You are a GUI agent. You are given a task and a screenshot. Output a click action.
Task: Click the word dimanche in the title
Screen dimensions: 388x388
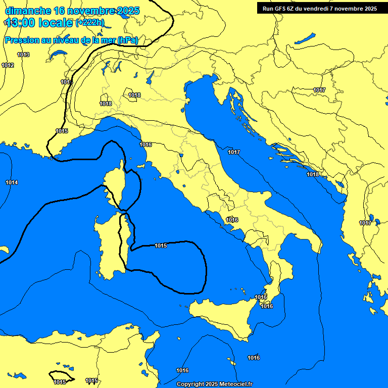coord(28,11)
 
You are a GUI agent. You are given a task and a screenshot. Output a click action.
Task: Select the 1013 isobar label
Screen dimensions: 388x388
coord(23,55)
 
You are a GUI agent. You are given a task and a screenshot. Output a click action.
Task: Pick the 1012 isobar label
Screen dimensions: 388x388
coord(8,65)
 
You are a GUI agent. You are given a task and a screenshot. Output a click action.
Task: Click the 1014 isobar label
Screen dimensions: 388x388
coord(12,182)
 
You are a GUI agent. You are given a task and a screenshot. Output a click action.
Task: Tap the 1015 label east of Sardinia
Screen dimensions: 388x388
coord(161,246)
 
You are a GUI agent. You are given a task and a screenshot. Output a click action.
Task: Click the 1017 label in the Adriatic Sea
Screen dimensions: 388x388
coord(234,152)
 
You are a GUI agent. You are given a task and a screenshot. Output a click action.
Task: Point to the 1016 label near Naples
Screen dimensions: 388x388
coord(232,220)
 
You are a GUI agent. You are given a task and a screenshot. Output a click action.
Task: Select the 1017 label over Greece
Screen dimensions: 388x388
coord(365,223)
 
